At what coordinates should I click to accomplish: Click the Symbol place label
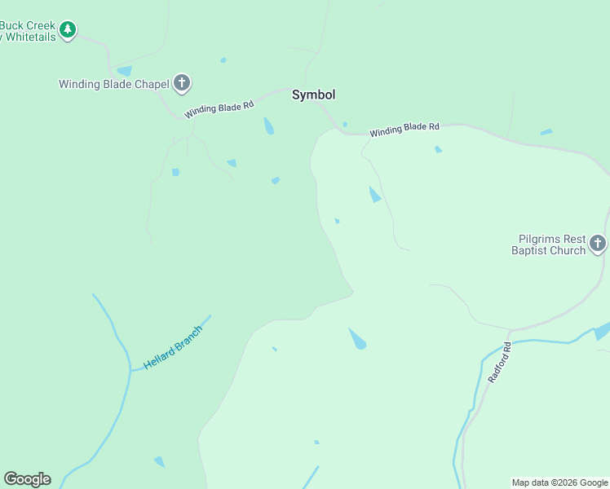(x=313, y=95)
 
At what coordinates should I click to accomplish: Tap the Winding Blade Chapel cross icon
(x=182, y=82)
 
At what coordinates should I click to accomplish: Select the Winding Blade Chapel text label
(x=113, y=83)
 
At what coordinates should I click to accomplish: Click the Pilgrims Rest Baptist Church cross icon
(x=598, y=243)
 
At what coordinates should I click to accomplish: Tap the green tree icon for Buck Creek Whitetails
(x=69, y=31)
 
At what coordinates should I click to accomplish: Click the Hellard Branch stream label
(x=172, y=347)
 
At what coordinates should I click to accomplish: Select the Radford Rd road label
(x=499, y=363)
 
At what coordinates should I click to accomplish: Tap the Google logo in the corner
(x=27, y=479)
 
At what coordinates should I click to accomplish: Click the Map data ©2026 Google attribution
(x=559, y=482)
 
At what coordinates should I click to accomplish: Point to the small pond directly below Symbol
(x=268, y=126)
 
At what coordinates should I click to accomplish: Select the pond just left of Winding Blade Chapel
(x=125, y=71)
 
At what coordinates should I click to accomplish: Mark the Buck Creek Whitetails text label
(x=28, y=31)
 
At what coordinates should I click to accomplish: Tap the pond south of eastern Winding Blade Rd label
(x=438, y=149)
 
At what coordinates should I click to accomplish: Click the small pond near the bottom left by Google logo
(x=159, y=461)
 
